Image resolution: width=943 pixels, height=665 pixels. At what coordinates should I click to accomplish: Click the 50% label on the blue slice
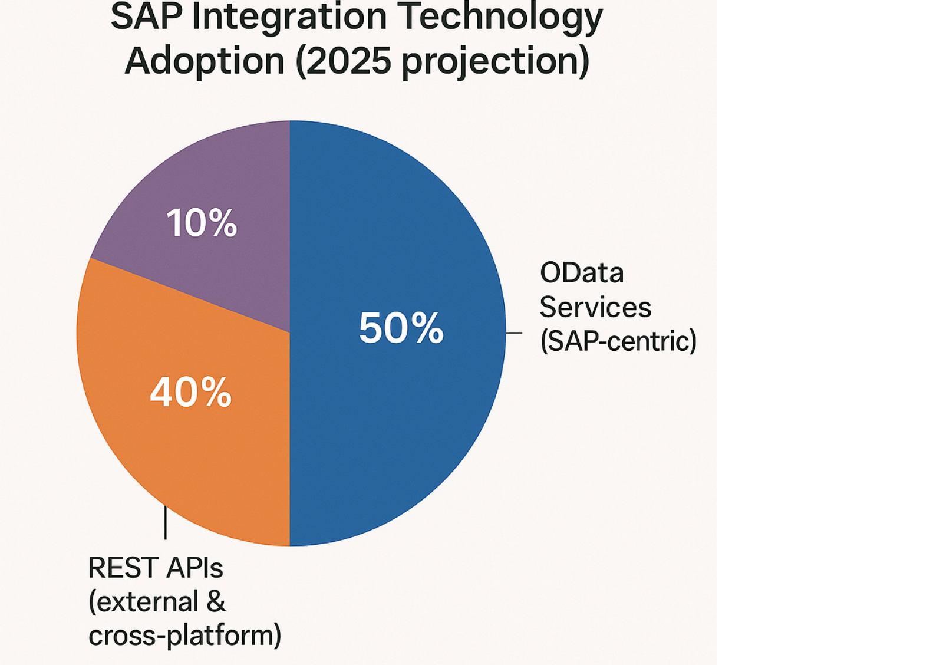(x=401, y=328)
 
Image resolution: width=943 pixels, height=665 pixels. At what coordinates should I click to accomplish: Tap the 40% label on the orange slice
(x=190, y=392)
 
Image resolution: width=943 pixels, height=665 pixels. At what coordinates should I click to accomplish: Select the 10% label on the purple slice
(x=202, y=223)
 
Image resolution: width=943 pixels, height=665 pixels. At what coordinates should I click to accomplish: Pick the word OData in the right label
(x=582, y=273)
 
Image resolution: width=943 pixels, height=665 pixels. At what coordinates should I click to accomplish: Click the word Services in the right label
(x=595, y=307)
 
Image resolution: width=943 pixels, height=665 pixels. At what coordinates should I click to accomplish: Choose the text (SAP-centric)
(x=618, y=341)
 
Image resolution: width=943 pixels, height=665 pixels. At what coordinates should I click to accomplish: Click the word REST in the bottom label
(x=122, y=568)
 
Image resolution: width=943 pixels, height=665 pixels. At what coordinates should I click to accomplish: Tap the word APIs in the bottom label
(x=194, y=568)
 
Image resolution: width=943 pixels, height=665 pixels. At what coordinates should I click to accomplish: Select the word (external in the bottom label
(x=143, y=602)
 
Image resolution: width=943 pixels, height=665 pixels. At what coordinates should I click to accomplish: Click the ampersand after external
(x=216, y=602)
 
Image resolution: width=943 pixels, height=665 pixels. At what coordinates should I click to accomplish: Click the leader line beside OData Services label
(x=514, y=332)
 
